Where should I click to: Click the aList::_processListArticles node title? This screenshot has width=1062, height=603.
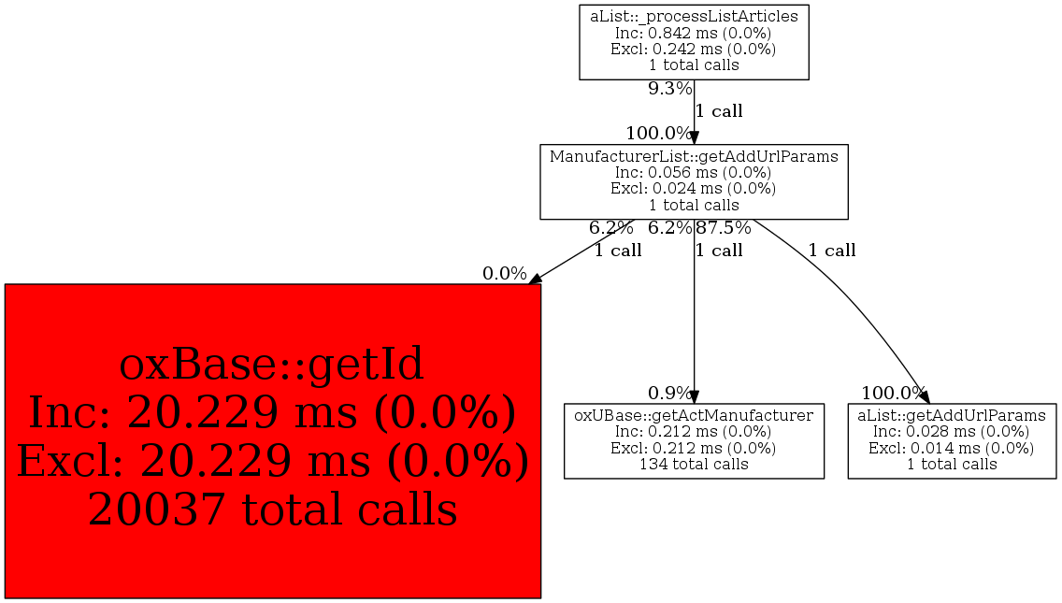pos(694,16)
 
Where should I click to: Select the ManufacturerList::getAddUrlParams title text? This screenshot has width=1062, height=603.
pos(694,156)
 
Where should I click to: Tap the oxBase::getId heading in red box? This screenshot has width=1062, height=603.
pos(272,364)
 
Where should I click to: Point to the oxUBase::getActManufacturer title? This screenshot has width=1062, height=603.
pos(694,415)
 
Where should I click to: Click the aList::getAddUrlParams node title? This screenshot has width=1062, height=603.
pos(952,415)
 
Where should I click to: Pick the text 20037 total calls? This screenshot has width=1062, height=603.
pos(272,510)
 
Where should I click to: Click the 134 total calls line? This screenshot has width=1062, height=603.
pos(694,464)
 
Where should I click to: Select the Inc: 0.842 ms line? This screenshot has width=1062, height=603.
pos(694,33)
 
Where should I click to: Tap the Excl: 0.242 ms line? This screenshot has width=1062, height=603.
pos(694,49)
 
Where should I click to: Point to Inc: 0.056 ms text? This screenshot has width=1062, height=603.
pos(694,173)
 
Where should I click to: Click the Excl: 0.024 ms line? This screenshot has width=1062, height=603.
pos(694,188)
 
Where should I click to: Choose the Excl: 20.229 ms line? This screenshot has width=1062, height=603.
pos(272,462)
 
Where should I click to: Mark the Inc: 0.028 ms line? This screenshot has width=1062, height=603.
pos(952,432)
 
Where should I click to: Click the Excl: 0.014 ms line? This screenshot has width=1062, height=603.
pos(952,448)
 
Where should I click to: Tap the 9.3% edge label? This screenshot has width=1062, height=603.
pos(670,89)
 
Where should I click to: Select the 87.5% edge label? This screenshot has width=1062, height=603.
pos(724,228)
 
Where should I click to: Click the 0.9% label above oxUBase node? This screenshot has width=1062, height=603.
pos(670,393)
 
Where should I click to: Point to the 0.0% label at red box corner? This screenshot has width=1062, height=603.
pos(505,274)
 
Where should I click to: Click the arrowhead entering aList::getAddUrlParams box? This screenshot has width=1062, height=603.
pos(924,397)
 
